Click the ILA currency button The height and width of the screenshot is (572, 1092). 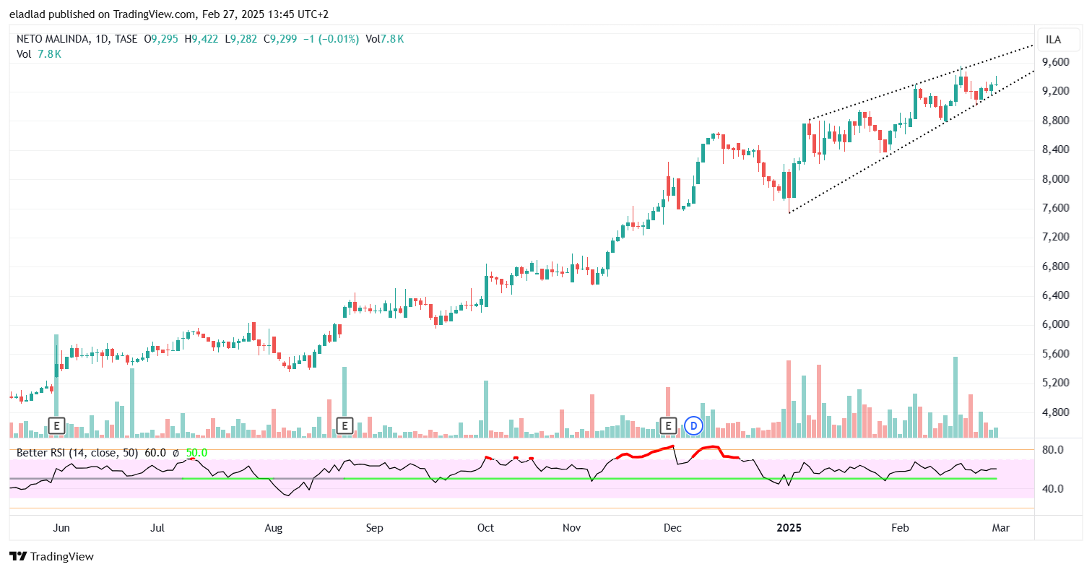(x=1054, y=40)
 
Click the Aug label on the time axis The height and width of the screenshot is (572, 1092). (x=273, y=528)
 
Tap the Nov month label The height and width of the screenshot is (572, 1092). (x=571, y=528)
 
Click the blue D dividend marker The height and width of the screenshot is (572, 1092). (x=694, y=425)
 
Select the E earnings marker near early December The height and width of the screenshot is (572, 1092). (x=669, y=425)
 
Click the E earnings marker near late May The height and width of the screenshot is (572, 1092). (x=56, y=425)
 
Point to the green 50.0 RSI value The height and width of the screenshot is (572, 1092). (x=196, y=453)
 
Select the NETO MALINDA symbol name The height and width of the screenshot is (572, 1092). (x=53, y=40)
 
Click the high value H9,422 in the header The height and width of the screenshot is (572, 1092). (x=201, y=40)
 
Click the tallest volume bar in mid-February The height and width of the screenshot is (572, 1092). (x=955, y=396)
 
